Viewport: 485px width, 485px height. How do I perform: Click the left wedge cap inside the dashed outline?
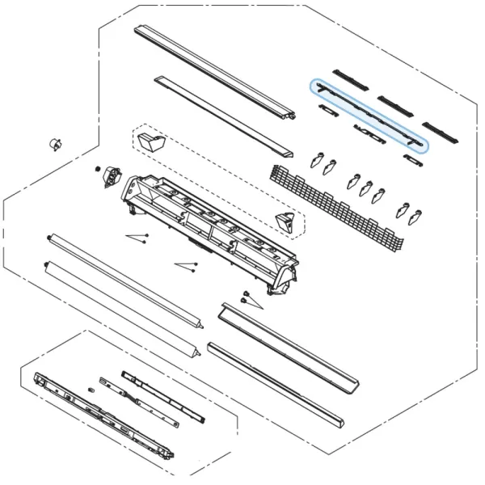150,143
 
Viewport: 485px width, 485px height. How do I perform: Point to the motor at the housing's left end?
110,177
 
